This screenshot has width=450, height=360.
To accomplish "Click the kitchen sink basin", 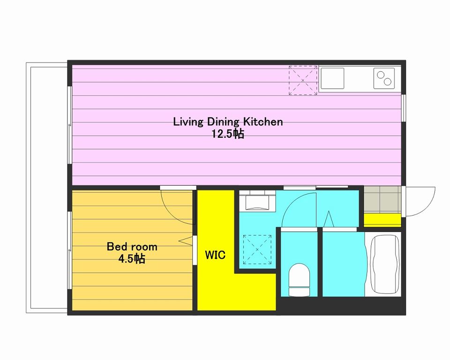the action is [332, 78].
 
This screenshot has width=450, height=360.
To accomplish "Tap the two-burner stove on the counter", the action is [384, 78].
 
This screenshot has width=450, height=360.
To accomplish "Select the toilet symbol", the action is [299, 280].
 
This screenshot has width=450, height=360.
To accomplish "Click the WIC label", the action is [215, 255].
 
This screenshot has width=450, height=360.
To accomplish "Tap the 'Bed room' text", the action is [132, 247].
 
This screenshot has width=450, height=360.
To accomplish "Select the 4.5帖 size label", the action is [132, 259].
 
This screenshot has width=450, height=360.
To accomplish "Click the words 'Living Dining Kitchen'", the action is [228, 122].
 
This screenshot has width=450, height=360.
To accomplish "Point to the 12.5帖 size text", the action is [228, 134].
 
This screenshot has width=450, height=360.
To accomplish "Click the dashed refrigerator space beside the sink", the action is [303, 80].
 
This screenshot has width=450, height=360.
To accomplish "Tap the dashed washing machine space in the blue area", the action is [257, 250].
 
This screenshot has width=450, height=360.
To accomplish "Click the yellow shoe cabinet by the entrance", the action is [382, 220].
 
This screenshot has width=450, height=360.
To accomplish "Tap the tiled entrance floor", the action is [382, 200].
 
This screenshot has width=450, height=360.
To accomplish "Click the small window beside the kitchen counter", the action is [404, 108].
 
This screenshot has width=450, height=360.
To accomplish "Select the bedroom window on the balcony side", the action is [69, 251].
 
